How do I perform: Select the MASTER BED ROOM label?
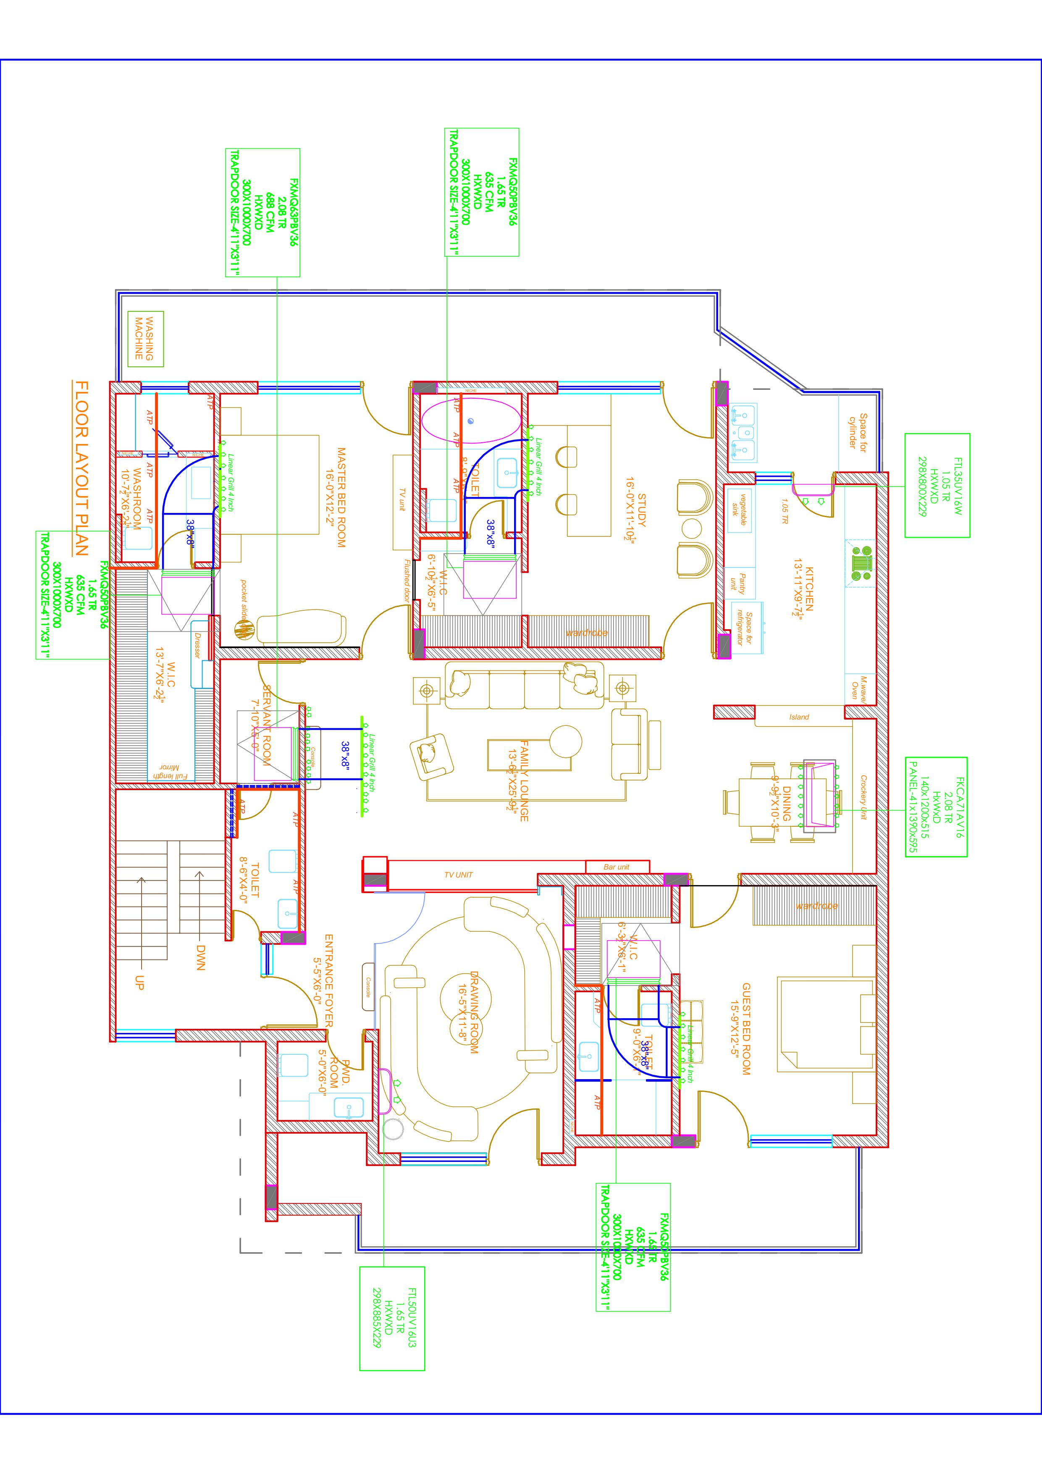point(341,497)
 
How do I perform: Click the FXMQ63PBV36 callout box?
point(262,213)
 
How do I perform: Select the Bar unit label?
point(617,867)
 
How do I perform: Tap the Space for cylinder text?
point(858,434)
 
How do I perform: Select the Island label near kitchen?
point(799,717)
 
